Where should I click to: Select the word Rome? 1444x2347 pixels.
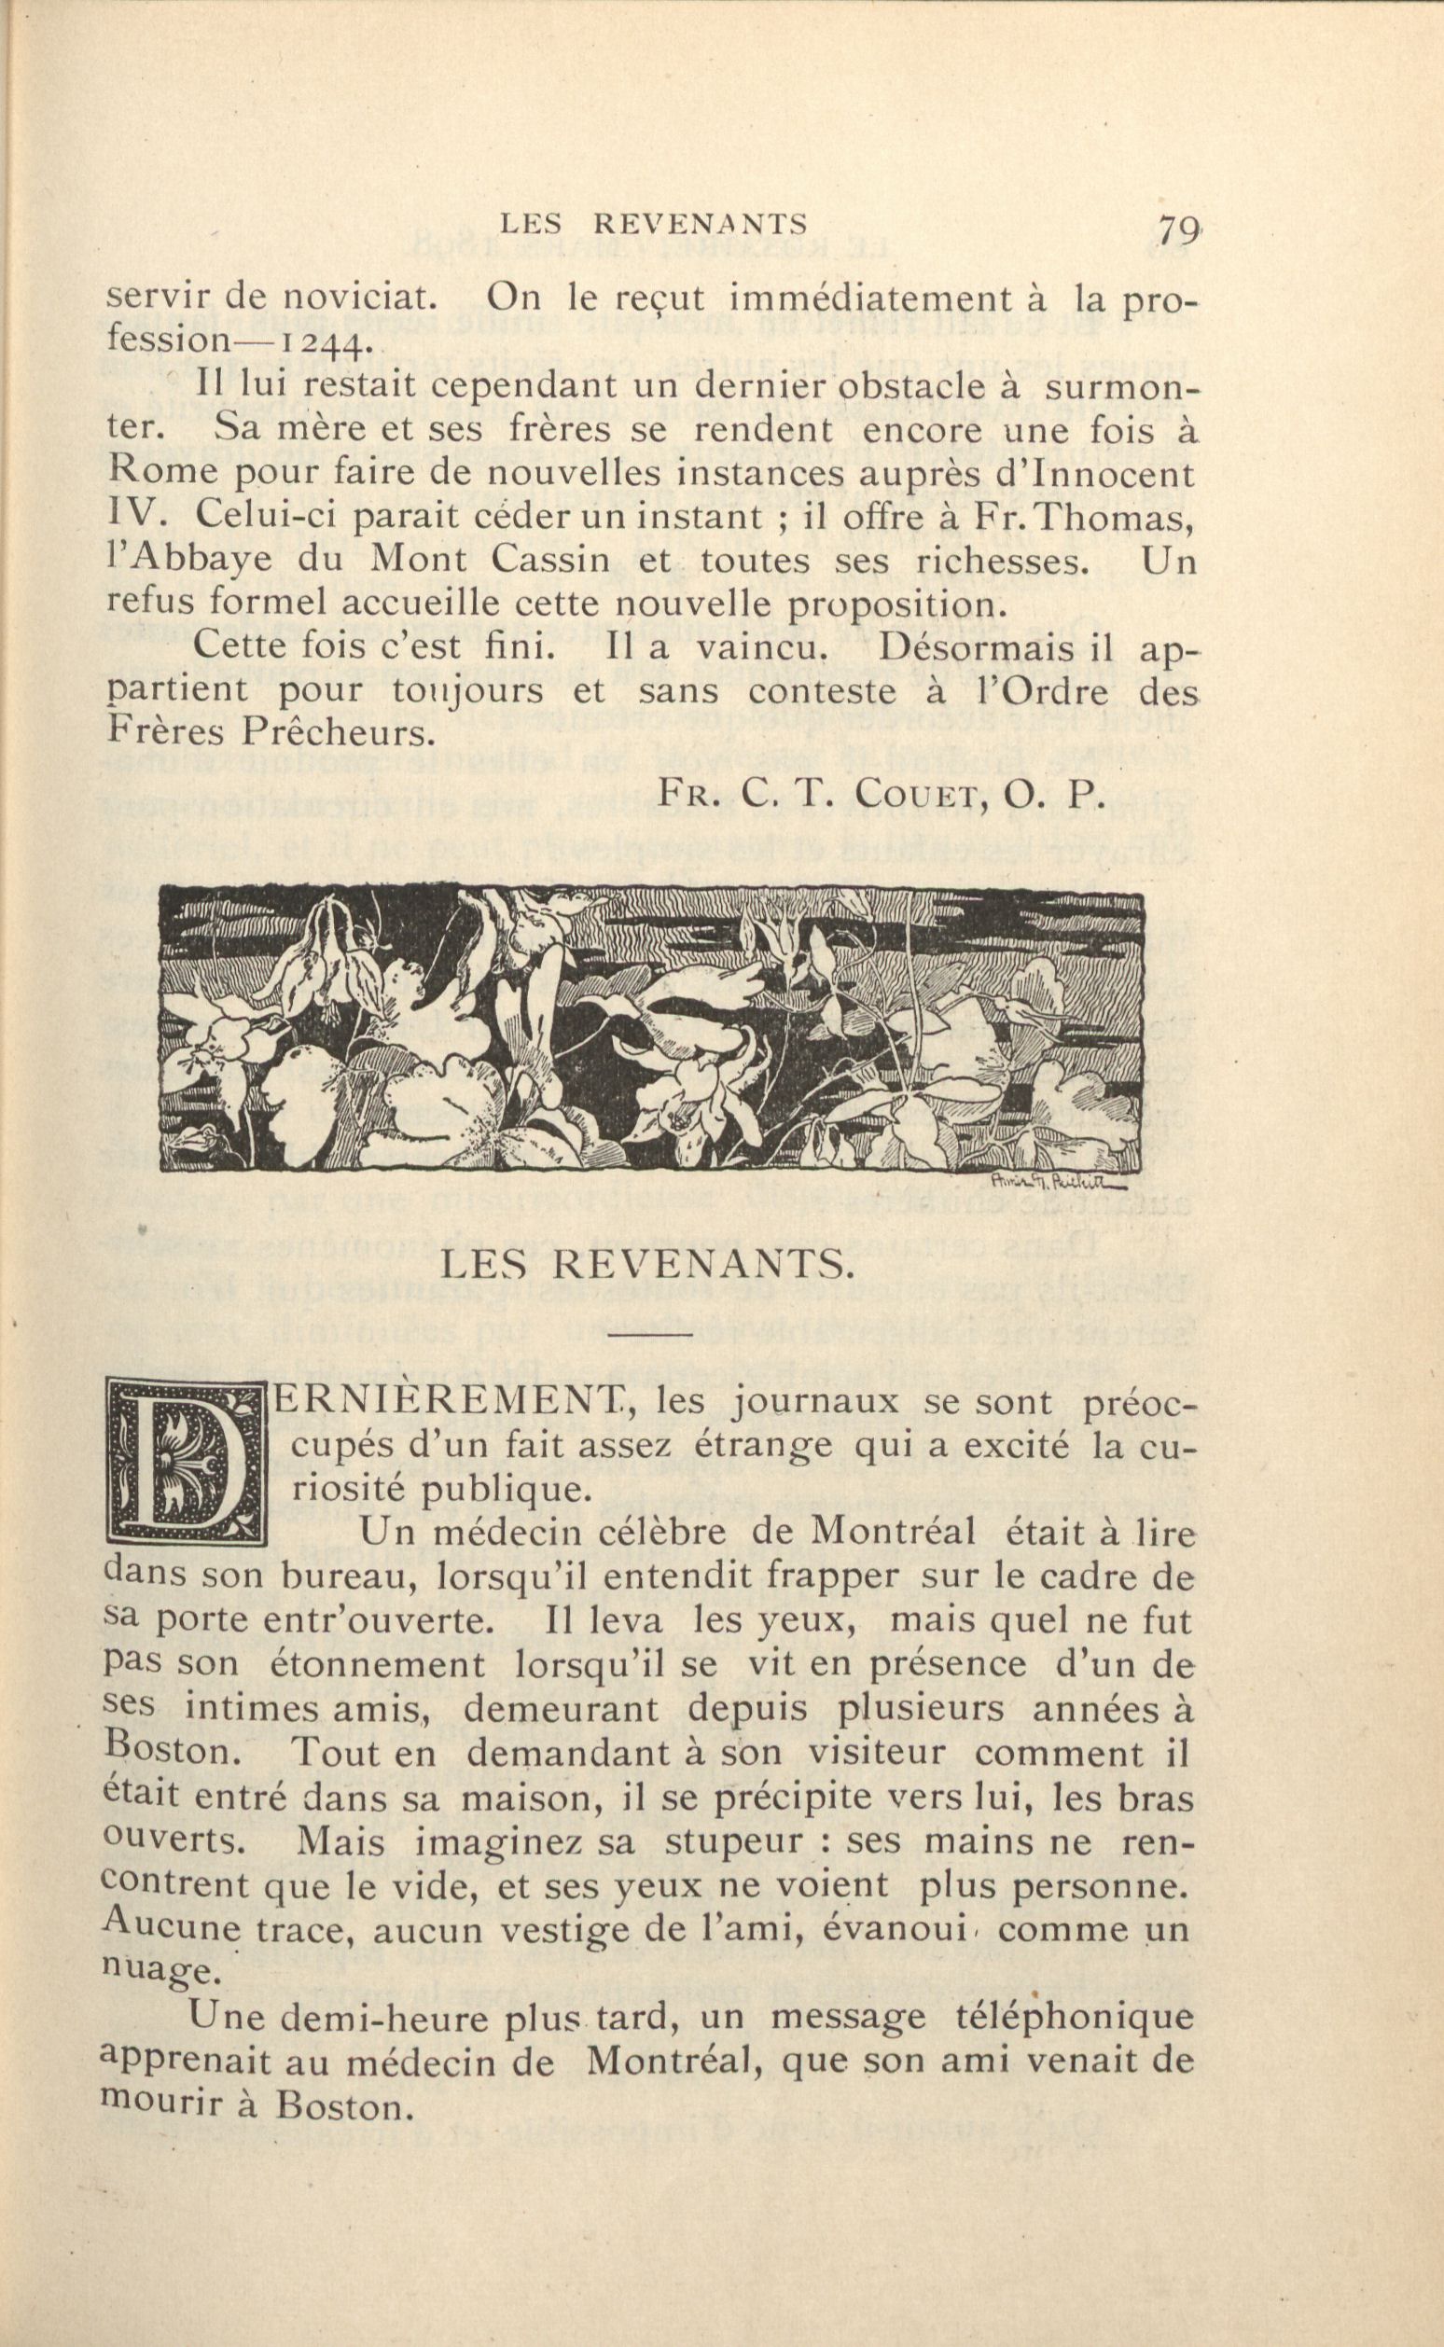click(157, 473)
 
